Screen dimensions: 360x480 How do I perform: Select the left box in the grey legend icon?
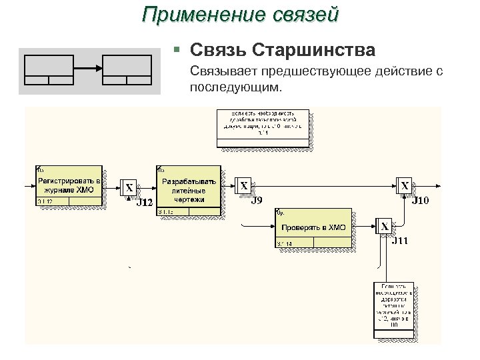(49, 69)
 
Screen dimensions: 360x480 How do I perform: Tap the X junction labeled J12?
(129, 188)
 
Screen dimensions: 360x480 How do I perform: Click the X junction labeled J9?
(244, 186)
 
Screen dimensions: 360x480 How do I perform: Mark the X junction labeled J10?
(405, 186)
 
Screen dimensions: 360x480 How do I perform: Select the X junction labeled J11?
(385, 227)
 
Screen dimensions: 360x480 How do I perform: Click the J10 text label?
(421, 199)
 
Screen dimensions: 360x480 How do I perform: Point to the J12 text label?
(145, 202)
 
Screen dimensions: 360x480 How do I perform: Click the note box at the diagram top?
(262, 127)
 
